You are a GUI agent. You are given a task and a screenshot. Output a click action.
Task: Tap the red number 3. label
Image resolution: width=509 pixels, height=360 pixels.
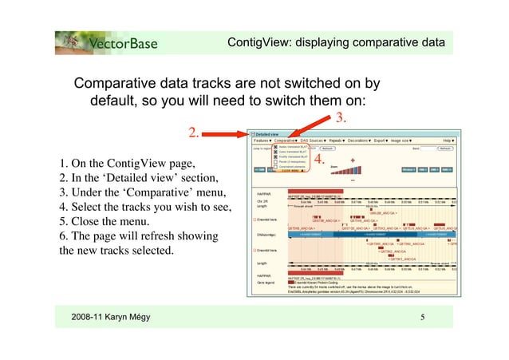[x=338, y=118]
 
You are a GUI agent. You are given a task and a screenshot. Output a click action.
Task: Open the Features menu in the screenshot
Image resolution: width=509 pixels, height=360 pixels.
[x=262, y=140]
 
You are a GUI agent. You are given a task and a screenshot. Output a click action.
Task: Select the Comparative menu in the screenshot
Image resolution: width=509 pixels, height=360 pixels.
[x=284, y=140]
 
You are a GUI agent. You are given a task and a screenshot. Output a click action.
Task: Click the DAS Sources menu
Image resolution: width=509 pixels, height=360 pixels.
[x=314, y=140]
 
